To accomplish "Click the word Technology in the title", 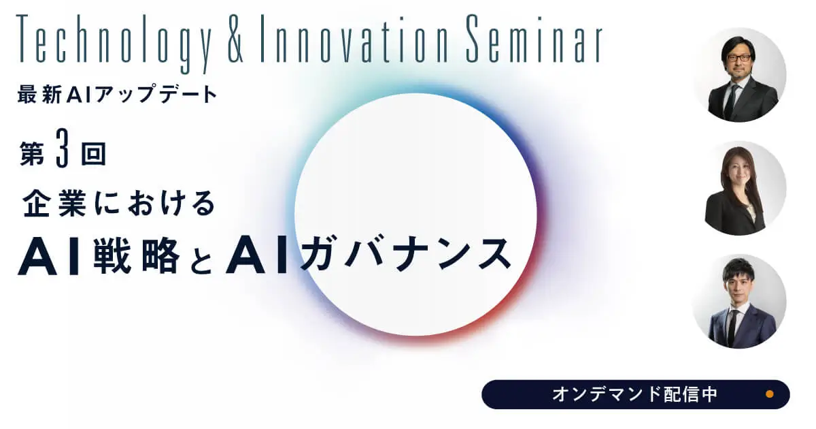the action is pos(114,43).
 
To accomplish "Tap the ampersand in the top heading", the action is pos(236,39).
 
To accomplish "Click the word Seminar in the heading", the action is pos(534,39).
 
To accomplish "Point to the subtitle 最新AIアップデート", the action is pos(117,94).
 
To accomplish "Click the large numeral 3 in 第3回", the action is pos(63,148).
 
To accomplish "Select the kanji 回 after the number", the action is pos(94,154).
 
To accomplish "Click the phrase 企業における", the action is pos(119,203).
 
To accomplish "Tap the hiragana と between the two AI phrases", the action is pos(201,259).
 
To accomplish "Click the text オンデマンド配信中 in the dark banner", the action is pos(634,394).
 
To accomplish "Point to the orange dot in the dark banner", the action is pos(769,394).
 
